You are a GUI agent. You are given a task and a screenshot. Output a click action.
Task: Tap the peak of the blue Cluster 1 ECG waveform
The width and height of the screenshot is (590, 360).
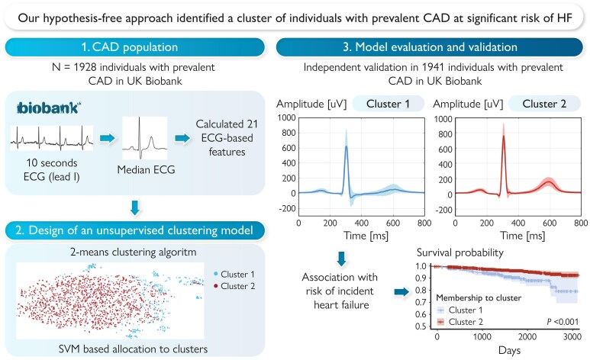347,147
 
